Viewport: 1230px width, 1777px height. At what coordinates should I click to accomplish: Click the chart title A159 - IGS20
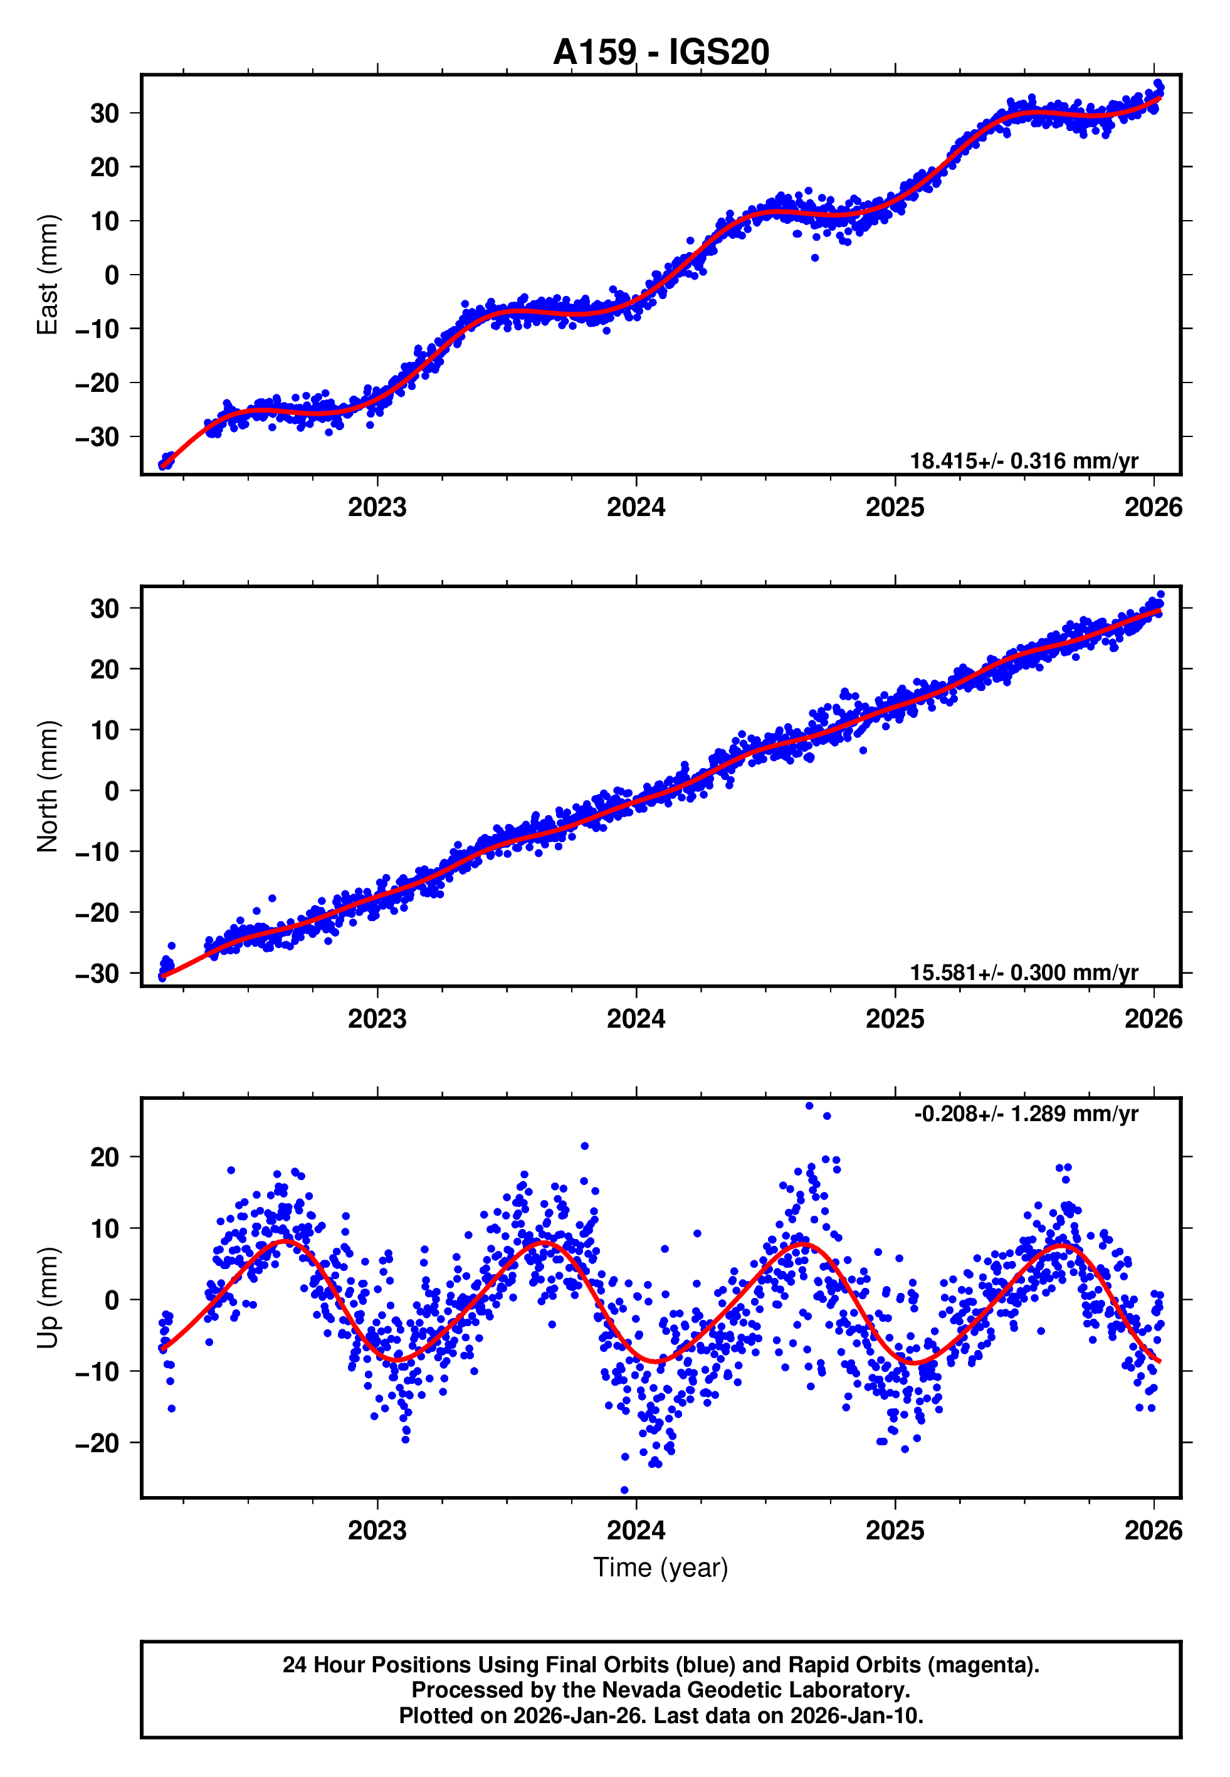click(661, 53)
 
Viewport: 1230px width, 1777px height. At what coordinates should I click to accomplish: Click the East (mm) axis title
click(48, 275)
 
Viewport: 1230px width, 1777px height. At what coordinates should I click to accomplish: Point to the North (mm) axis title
click(48, 786)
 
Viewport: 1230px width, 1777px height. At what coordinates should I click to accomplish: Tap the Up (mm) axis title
click(48, 1298)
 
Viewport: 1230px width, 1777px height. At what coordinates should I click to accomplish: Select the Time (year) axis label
click(661, 1568)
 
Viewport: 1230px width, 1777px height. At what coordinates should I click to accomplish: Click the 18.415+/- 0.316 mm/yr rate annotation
click(1024, 461)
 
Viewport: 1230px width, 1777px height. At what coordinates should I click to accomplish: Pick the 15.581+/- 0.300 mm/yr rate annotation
click(1024, 973)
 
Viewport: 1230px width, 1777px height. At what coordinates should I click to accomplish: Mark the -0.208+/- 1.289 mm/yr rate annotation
click(1026, 1114)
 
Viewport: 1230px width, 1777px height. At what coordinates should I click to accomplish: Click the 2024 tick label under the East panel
click(636, 508)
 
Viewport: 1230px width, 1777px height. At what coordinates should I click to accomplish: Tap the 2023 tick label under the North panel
click(377, 1020)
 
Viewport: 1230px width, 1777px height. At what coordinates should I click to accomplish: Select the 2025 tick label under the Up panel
click(895, 1531)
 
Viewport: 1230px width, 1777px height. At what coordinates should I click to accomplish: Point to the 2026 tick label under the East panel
click(1153, 508)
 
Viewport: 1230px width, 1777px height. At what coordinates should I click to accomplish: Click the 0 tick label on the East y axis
click(112, 275)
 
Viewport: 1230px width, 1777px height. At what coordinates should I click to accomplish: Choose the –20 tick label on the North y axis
click(98, 913)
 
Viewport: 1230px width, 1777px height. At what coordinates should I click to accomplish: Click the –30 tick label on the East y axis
click(98, 437)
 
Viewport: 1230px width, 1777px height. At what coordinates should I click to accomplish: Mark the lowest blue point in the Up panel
click(624, 1490)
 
